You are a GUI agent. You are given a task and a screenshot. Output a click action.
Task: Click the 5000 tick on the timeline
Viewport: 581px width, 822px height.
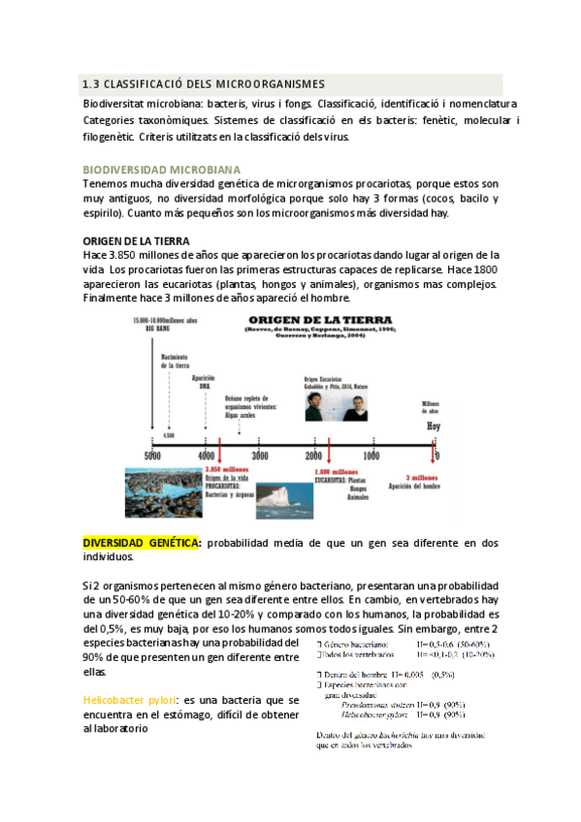pos(152,456)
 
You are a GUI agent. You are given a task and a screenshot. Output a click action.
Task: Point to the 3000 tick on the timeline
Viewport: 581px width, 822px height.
pos(261,456)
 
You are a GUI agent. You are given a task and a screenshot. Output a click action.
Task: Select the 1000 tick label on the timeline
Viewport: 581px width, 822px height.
pos(371,456)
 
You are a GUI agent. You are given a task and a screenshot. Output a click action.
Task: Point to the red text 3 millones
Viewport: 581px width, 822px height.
pos(424,476)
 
